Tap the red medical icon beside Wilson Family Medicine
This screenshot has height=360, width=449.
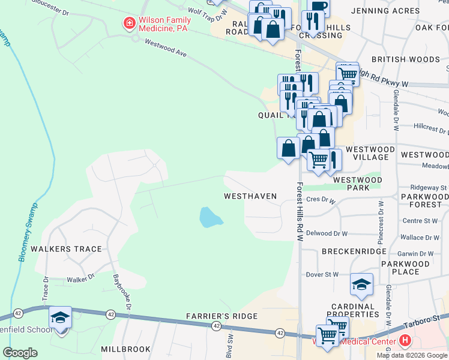[128, 23]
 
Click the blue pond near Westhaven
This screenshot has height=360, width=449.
[209, 217]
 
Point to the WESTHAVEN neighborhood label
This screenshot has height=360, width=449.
[250, 196]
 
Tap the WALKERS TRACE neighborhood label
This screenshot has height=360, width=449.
[68, 249]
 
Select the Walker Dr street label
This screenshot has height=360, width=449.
[81, 278]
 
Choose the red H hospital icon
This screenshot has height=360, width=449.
[405, 341]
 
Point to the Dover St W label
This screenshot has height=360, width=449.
[322, 275]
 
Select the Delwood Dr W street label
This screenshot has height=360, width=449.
[327, 233]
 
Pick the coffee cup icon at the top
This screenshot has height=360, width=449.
[318, 6]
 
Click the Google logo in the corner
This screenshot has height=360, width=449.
[20, 353]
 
